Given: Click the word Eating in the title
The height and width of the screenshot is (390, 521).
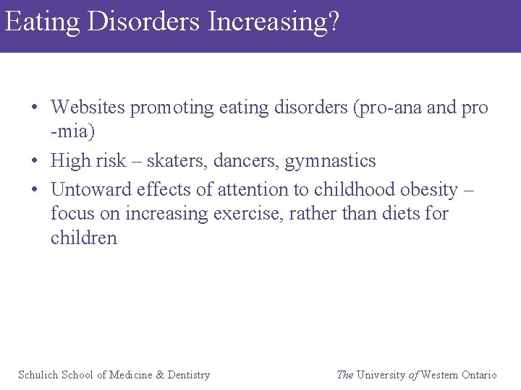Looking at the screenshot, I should [42, 22].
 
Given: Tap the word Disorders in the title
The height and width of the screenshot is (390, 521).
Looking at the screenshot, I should [144, 22].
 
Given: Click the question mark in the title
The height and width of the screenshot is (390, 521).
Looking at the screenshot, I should [332, 22].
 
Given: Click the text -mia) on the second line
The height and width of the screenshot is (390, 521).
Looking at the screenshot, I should [72, 132].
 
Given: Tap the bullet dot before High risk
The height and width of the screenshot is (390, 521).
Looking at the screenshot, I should [35, 161].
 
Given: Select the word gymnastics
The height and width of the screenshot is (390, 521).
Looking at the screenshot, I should [331, 161].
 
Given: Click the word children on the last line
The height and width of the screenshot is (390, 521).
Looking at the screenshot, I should [83, 238].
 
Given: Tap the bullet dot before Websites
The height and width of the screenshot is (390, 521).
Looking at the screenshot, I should [35, 108].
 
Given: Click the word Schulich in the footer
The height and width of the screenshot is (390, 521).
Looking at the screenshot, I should [38, 375].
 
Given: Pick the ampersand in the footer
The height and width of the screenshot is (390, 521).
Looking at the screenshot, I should [161, 375].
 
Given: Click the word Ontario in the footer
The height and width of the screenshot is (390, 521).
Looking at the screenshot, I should [479, 375].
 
